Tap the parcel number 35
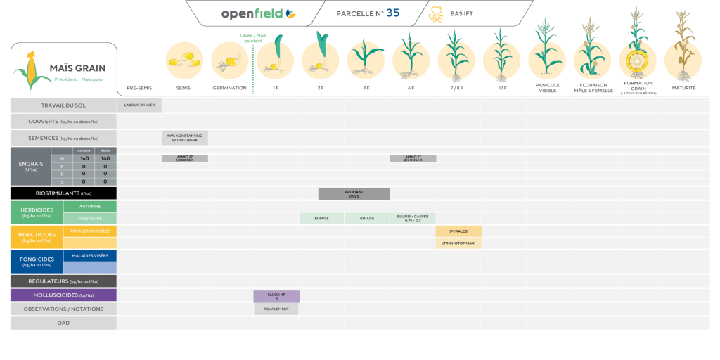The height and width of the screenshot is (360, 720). pyautogui.click(x=392, y=13)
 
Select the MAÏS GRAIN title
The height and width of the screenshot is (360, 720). pyautogui.click(x=77, y=68)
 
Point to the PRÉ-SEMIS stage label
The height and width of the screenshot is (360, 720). pyautogui.click(x=139, y=88)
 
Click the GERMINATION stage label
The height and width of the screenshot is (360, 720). pyautogui.click(x=229, y=88)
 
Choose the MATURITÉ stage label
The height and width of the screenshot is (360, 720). pyautogui.click(x=683, y=88)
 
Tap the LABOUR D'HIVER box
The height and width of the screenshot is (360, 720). pyautogui.click(x=139, y=105)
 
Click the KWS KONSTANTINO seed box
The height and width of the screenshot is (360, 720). pyautogui.click(x=185, y=137)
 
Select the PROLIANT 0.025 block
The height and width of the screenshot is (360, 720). pyautogui.click(x=354, y=193)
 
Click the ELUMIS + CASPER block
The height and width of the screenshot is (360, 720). pyautogui.click(x=413, y=218)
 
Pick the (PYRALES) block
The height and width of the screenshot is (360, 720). pyautogui.click(x=458, y=231)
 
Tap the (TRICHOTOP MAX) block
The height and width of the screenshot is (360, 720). pyautogui.click(x=458, y=243)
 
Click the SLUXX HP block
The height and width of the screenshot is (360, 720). pyautogui.click(x=276, y=296)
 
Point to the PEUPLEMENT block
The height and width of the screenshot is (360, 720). pyautogui.click(x=276, y=309)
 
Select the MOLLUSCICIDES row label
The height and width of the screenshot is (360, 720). pyautogui.click(x=63, y=295)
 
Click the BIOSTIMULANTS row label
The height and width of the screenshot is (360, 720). pyautogui.click(x=63, y=193)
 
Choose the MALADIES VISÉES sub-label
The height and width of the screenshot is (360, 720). pyautogui.click(x=90, y=255)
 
